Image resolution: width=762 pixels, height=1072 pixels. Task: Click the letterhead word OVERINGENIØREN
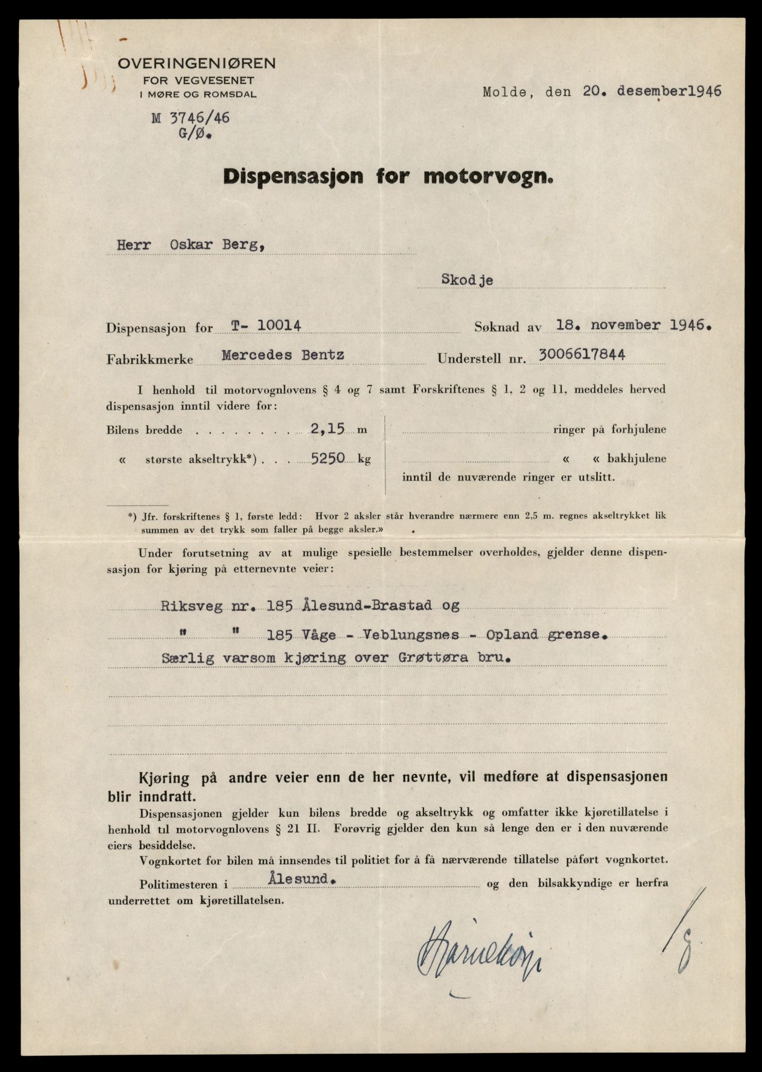[x=196, y=64]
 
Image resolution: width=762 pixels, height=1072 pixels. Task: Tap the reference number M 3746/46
[x=191, y=118]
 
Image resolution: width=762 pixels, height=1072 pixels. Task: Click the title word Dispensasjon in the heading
[x=293, y=177]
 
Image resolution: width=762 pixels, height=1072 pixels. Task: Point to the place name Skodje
[x=467, y=280]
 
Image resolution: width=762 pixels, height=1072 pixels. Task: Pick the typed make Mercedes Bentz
[x=283, y=355]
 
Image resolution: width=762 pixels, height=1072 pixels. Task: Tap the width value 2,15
[x=327, y=430]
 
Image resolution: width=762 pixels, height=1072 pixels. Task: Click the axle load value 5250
[x=328, y=459]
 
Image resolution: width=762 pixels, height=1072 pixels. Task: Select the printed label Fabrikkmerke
[x=149, y=360]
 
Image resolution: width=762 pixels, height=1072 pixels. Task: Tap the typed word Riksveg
[x=185, y=606]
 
